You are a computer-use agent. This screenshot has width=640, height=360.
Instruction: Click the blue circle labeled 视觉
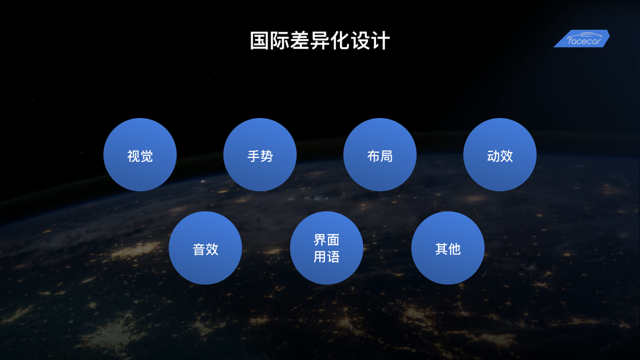(x=140, y=155)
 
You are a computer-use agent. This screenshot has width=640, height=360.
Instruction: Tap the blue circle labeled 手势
(x=260, y=155)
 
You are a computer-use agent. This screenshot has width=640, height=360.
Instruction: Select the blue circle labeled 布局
(x=380, y=155)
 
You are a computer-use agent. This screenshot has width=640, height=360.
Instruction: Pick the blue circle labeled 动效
(x=500, y=155)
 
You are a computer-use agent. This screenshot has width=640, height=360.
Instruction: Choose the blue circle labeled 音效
(x=205, y=248)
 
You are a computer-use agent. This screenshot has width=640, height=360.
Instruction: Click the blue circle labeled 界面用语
(x=326, y=248)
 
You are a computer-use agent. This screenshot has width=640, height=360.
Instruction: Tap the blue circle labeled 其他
(x=448, y=248)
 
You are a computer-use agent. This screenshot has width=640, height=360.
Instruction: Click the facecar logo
(x=582, y=38)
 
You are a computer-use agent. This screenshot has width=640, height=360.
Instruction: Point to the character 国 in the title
(x=260, y=41)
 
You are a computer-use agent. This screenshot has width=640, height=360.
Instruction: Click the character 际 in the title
(x=279, y=41)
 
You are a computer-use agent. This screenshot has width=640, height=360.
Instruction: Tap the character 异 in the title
(x=319, y=41)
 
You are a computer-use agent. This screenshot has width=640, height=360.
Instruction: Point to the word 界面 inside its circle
(x=326, y=240)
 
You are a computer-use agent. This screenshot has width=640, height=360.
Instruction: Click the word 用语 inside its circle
(x=326, y=257)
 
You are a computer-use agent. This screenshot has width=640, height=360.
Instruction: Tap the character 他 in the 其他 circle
(x=454, y=249)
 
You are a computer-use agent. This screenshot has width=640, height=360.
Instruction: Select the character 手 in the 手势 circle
(x=253, y=156)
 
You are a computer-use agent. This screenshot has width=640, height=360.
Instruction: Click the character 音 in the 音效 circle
(x=199, y=250)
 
